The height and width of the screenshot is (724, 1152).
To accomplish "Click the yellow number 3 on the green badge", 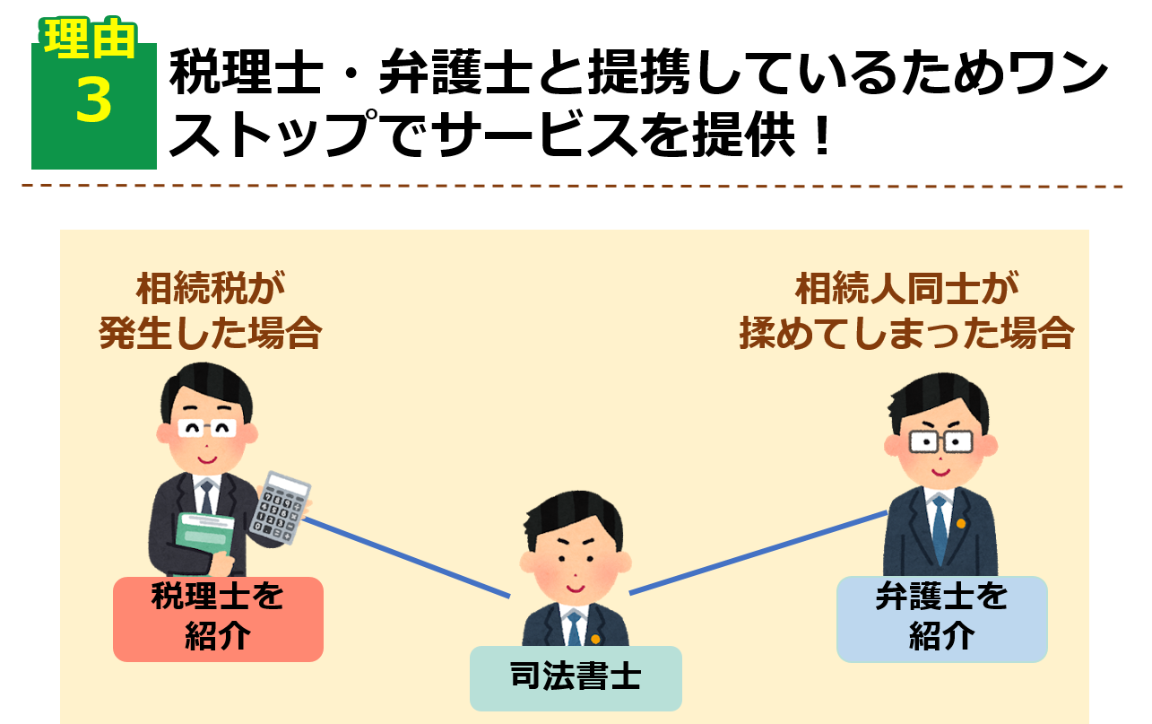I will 93,100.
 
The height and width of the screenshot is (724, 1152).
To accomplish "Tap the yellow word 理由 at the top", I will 91,39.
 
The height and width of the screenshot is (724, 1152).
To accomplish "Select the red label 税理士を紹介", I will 218,619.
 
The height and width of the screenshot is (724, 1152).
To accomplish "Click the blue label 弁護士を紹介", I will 941,619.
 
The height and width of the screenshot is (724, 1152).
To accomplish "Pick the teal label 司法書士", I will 576,677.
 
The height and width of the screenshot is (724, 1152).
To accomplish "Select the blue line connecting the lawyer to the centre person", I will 758,553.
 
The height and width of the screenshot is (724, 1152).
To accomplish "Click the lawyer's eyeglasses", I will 940,441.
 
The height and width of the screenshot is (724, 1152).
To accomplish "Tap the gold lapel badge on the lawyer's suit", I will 961,523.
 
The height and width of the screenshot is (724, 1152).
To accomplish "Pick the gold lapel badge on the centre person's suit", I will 594,639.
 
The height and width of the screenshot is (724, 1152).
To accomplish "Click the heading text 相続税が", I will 210,290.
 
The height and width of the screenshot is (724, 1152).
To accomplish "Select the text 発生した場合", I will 210,334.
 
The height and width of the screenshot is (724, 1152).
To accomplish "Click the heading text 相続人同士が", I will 906,290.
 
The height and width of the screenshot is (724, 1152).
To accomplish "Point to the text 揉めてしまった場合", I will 906,334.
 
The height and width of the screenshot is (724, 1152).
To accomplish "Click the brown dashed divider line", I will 574,186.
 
